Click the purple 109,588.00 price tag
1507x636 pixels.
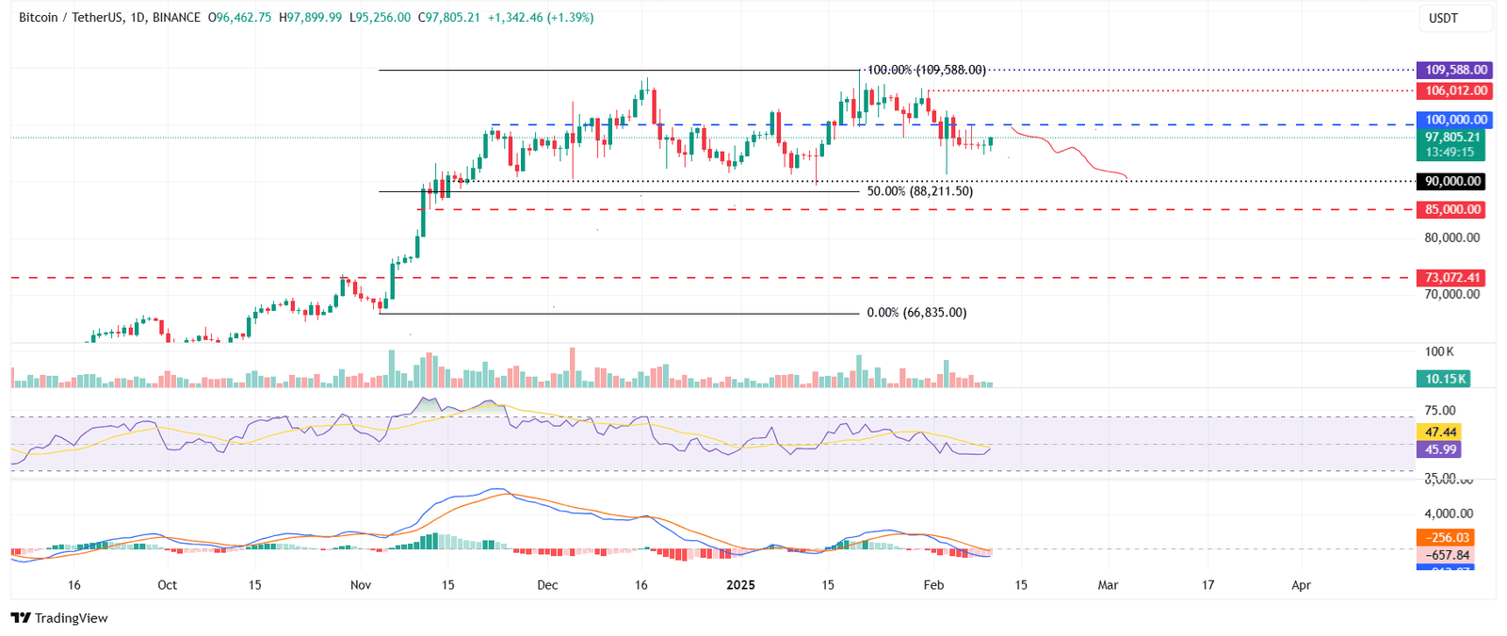pyautogui.click(x=1455, y=70)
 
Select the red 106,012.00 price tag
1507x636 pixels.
pyautogui.click(x=1455, y=90)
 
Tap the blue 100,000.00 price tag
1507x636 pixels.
pyautogui.click(x=1455, y=120)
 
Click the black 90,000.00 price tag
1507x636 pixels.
pyautogui.click(x=1452, y=181)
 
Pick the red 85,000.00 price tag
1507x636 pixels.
pyautogui.click(x=1452, y=209)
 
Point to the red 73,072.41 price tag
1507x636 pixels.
pyautogui.click(x=1452, y=277)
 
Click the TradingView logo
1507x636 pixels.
pyautogui.click(x=59, y=618)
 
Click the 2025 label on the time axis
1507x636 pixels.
pyautogui.click(x=740, y=585)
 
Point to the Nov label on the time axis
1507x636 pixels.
pyautogui.click(x=361, y=585)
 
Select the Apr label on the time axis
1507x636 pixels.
pyautogui.click(x=1301, y=585)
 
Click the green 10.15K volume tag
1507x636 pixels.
pyautogui.click(x=1445, y=379)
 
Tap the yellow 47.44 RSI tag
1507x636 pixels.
pyautogui.click(x=1440, y=432)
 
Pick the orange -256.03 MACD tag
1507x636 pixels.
pyautogui.click(x=1444, y=537)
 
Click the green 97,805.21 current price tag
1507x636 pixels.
pyautogui.click(x=1450, y=138)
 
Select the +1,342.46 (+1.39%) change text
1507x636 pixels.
pyautogui.click(x=540, y=17)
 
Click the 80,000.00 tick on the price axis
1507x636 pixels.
pyautogui.click(x=1451, y=237)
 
